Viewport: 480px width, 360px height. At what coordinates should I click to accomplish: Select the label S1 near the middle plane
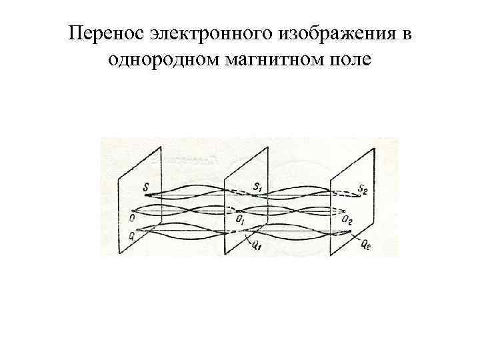[x=257, y=185]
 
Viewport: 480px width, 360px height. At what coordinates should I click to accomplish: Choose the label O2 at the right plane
[x=347, y=219]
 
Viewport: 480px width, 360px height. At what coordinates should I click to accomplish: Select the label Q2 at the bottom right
[x=366, y=245]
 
